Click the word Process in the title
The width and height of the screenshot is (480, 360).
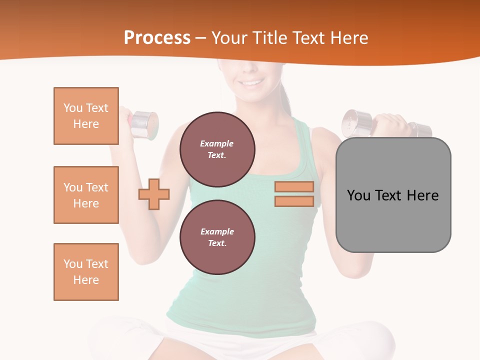coord(157,38)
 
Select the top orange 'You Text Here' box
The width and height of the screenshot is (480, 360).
coord(86,116)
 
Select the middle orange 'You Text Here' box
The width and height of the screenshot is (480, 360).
coord(86,195)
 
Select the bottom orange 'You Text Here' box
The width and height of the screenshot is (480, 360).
coord(86,272)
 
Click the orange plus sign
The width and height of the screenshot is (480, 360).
coord(154,194)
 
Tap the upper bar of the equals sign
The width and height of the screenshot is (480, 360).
coord(294,187)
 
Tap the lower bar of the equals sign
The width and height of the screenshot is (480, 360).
coord(294,201)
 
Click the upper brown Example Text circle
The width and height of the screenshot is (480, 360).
coord(217,149)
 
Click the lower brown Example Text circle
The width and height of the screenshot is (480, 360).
coord(217,237)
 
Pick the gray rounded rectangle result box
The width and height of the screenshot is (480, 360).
coord(393,220)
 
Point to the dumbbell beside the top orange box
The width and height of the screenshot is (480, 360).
coord(144,124)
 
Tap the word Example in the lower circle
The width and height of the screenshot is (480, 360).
coord(217,231)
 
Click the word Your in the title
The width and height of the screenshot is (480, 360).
coord(229,38)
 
